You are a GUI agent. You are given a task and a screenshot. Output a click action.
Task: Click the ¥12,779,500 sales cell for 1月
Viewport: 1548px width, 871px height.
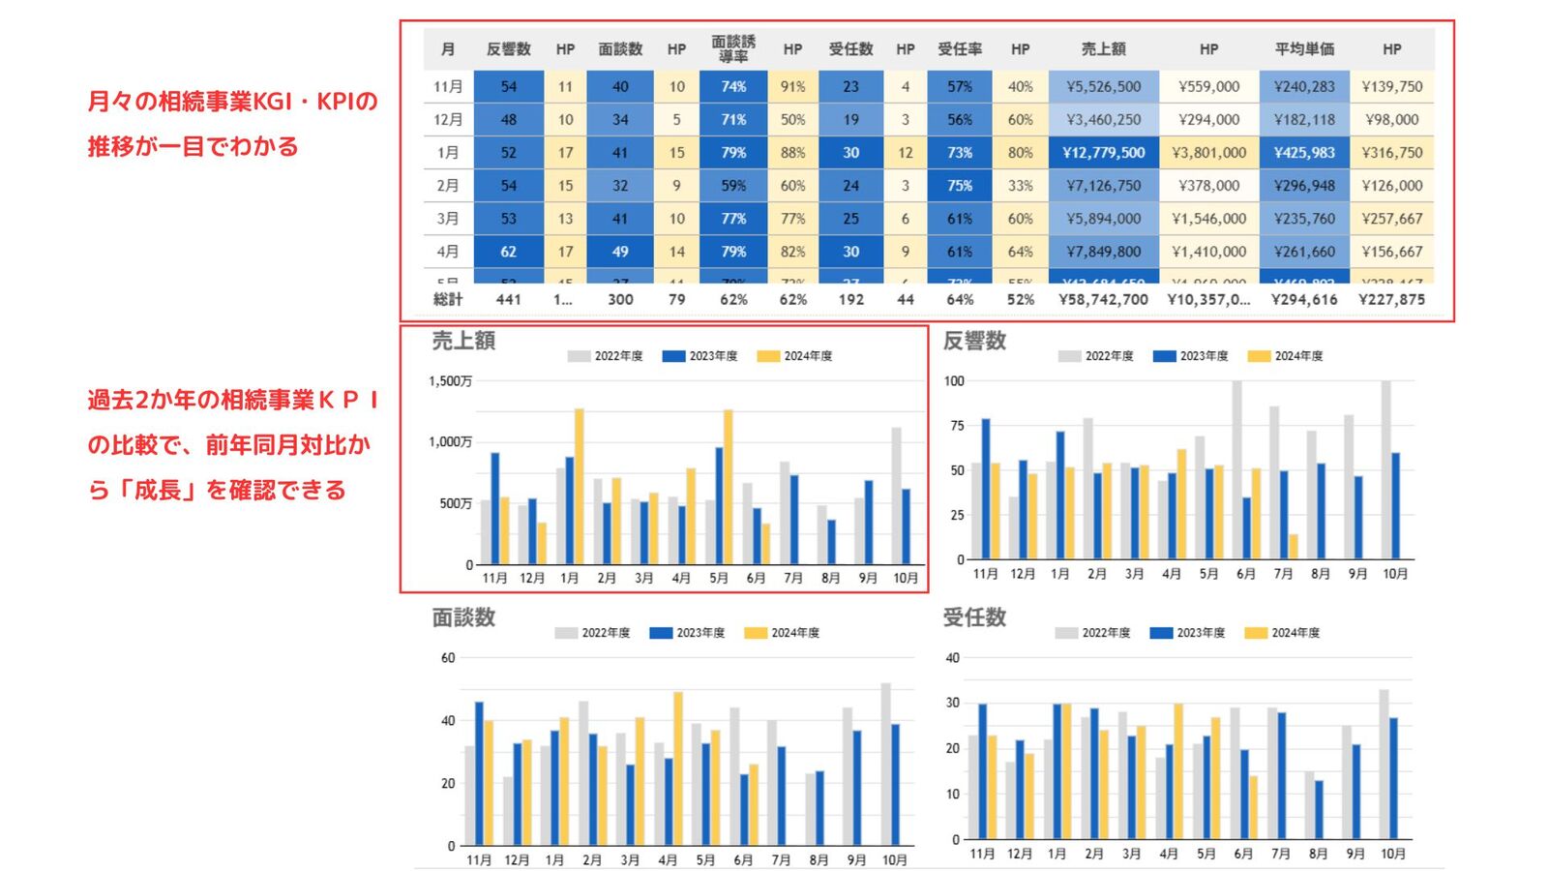1103,153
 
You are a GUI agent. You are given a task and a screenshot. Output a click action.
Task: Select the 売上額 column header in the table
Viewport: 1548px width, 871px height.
1103,48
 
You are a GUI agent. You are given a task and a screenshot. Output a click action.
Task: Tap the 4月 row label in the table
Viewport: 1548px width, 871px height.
448,252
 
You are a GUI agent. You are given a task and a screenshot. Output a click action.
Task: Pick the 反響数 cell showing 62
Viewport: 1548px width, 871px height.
509,252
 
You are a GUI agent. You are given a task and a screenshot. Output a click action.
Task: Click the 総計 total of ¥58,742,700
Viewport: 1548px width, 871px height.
1103,300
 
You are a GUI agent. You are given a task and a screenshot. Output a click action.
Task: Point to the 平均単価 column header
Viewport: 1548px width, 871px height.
1304,48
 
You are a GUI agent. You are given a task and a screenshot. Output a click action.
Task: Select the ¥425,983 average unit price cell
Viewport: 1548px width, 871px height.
1304,153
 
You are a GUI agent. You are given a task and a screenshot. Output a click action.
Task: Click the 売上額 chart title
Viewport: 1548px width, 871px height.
463,341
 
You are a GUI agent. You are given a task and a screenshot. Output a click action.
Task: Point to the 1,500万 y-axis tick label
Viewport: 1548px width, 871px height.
451,381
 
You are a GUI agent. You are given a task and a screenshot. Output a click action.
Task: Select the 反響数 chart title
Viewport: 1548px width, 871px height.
974,341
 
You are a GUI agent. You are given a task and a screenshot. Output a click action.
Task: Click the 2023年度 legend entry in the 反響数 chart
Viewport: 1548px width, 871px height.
1191,356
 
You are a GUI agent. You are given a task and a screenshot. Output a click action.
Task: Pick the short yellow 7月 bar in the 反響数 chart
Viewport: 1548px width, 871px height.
1294,547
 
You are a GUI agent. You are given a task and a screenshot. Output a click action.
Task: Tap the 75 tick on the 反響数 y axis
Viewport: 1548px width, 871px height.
957,426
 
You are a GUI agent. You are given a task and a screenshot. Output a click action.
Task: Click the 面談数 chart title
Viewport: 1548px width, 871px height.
463,617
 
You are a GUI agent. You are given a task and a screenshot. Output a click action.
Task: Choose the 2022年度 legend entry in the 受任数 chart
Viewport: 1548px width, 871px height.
1093,633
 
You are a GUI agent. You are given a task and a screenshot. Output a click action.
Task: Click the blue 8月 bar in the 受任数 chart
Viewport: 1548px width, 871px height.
1319,809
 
